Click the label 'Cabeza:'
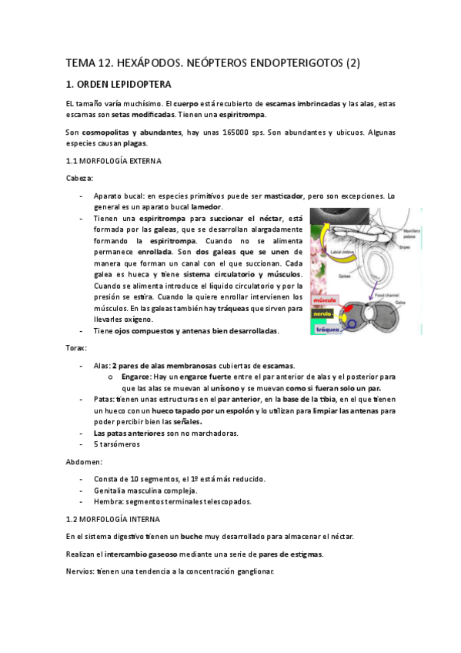[x=80, y=178]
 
